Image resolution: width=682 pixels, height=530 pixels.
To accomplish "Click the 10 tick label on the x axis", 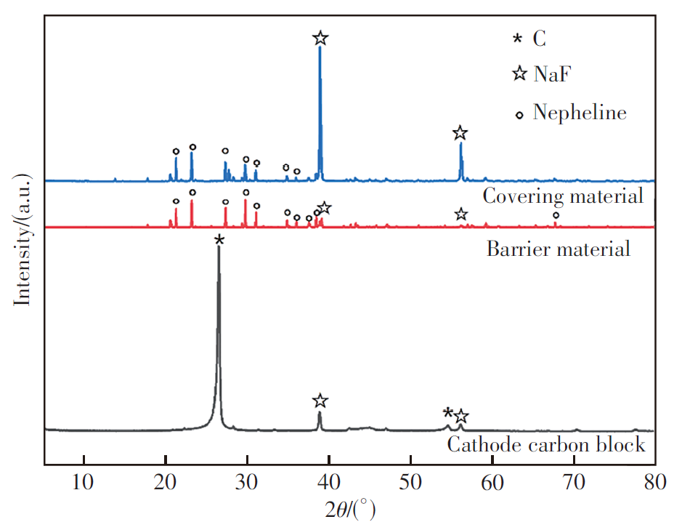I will pyautogui.click(x=84, y=482).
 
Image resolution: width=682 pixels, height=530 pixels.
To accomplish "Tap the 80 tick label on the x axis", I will pyautogui.click(x=655, y=482).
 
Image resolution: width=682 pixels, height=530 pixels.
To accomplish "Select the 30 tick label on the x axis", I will pyautogui.click(x=247, y=482).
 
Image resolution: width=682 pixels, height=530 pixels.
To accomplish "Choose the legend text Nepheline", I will pyautogui.click(x=579, y=113).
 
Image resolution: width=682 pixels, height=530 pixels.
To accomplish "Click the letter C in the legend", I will pyautogui.click(x=539, y=39).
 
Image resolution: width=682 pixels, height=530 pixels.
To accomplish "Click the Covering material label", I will pyautogui.click(x=563, y=196).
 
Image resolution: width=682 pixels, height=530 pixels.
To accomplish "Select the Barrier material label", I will pyautogui.click(x=558, y=249).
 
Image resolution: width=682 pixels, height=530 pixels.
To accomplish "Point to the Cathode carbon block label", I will pyautogui.click(x=546, y=444).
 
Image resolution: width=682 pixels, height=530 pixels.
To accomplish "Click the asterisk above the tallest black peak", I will pyautogui.click(x=219, y=240).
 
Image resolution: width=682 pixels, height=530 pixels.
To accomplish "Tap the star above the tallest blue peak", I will pyautogui.click(x=320, y=39).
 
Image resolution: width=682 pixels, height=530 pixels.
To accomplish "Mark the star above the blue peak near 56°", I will pyautogui.click(x=460, y=133).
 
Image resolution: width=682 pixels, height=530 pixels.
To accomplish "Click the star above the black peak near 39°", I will pyautogui.click(x=320, y=401).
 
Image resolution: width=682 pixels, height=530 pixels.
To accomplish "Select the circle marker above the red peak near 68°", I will pyautogui.click(x=556, y=215).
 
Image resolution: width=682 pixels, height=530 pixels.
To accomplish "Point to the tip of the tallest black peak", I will pyautogui.click(x=219, y=248).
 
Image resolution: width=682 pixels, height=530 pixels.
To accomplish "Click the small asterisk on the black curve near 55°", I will pyautogui.click(x=448, y=412).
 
